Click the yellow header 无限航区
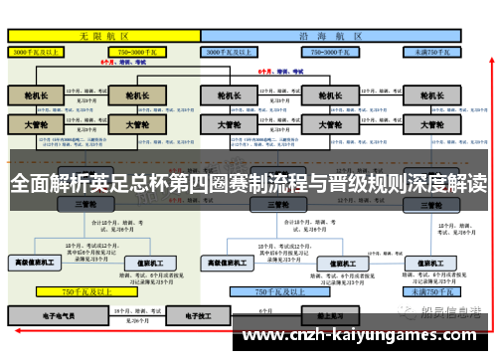click(x=100, y=34)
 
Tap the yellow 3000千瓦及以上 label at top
click(x=39, y=49)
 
